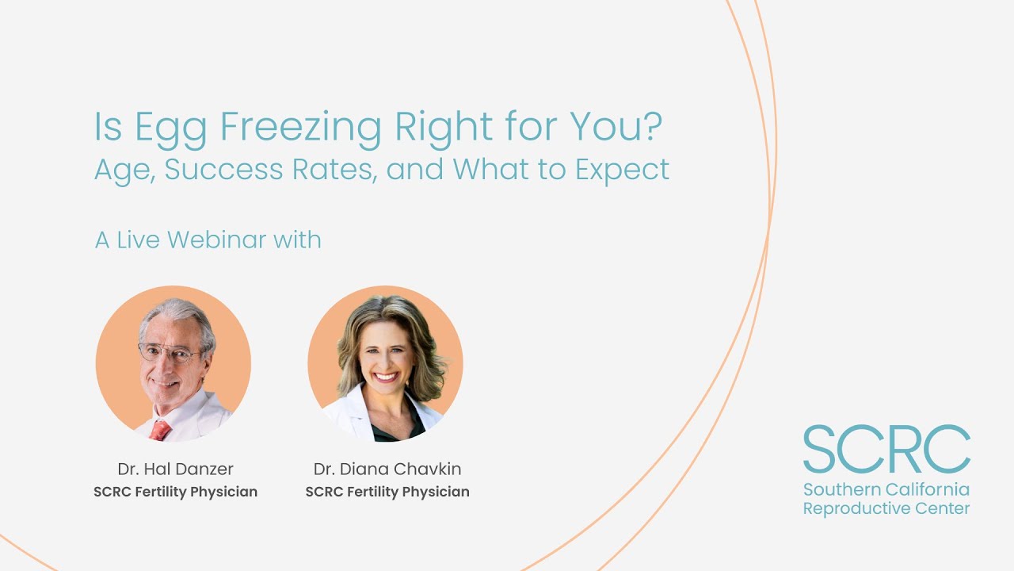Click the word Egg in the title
pyautogui.click(x=171, y=128)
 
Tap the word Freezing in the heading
pyautogui.click(x=301, y=128)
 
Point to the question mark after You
pyautogui.click(x=651, y=126)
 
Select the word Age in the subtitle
pyautogui.click(x=124, y=170)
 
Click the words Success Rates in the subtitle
pyautogui.click(x=269, y=169)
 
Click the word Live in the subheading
pyautogui.click(x=139, y=240)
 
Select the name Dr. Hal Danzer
pyautogui.click(x=175, y=468)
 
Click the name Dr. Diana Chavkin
pyautogui.click(x=387, y=468)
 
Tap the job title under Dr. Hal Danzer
pyautogui.click(x=175, y=492)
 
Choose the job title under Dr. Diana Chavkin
pyautogui.click(x=387, y=492)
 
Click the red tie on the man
pyautogui.click(x=161, y=429)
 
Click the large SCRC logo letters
pyautogui.click(x=886, y=450)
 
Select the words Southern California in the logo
pyautogui.click(x=886, y=489)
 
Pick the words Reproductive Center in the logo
pyautogui.click(x=886, y=508)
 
